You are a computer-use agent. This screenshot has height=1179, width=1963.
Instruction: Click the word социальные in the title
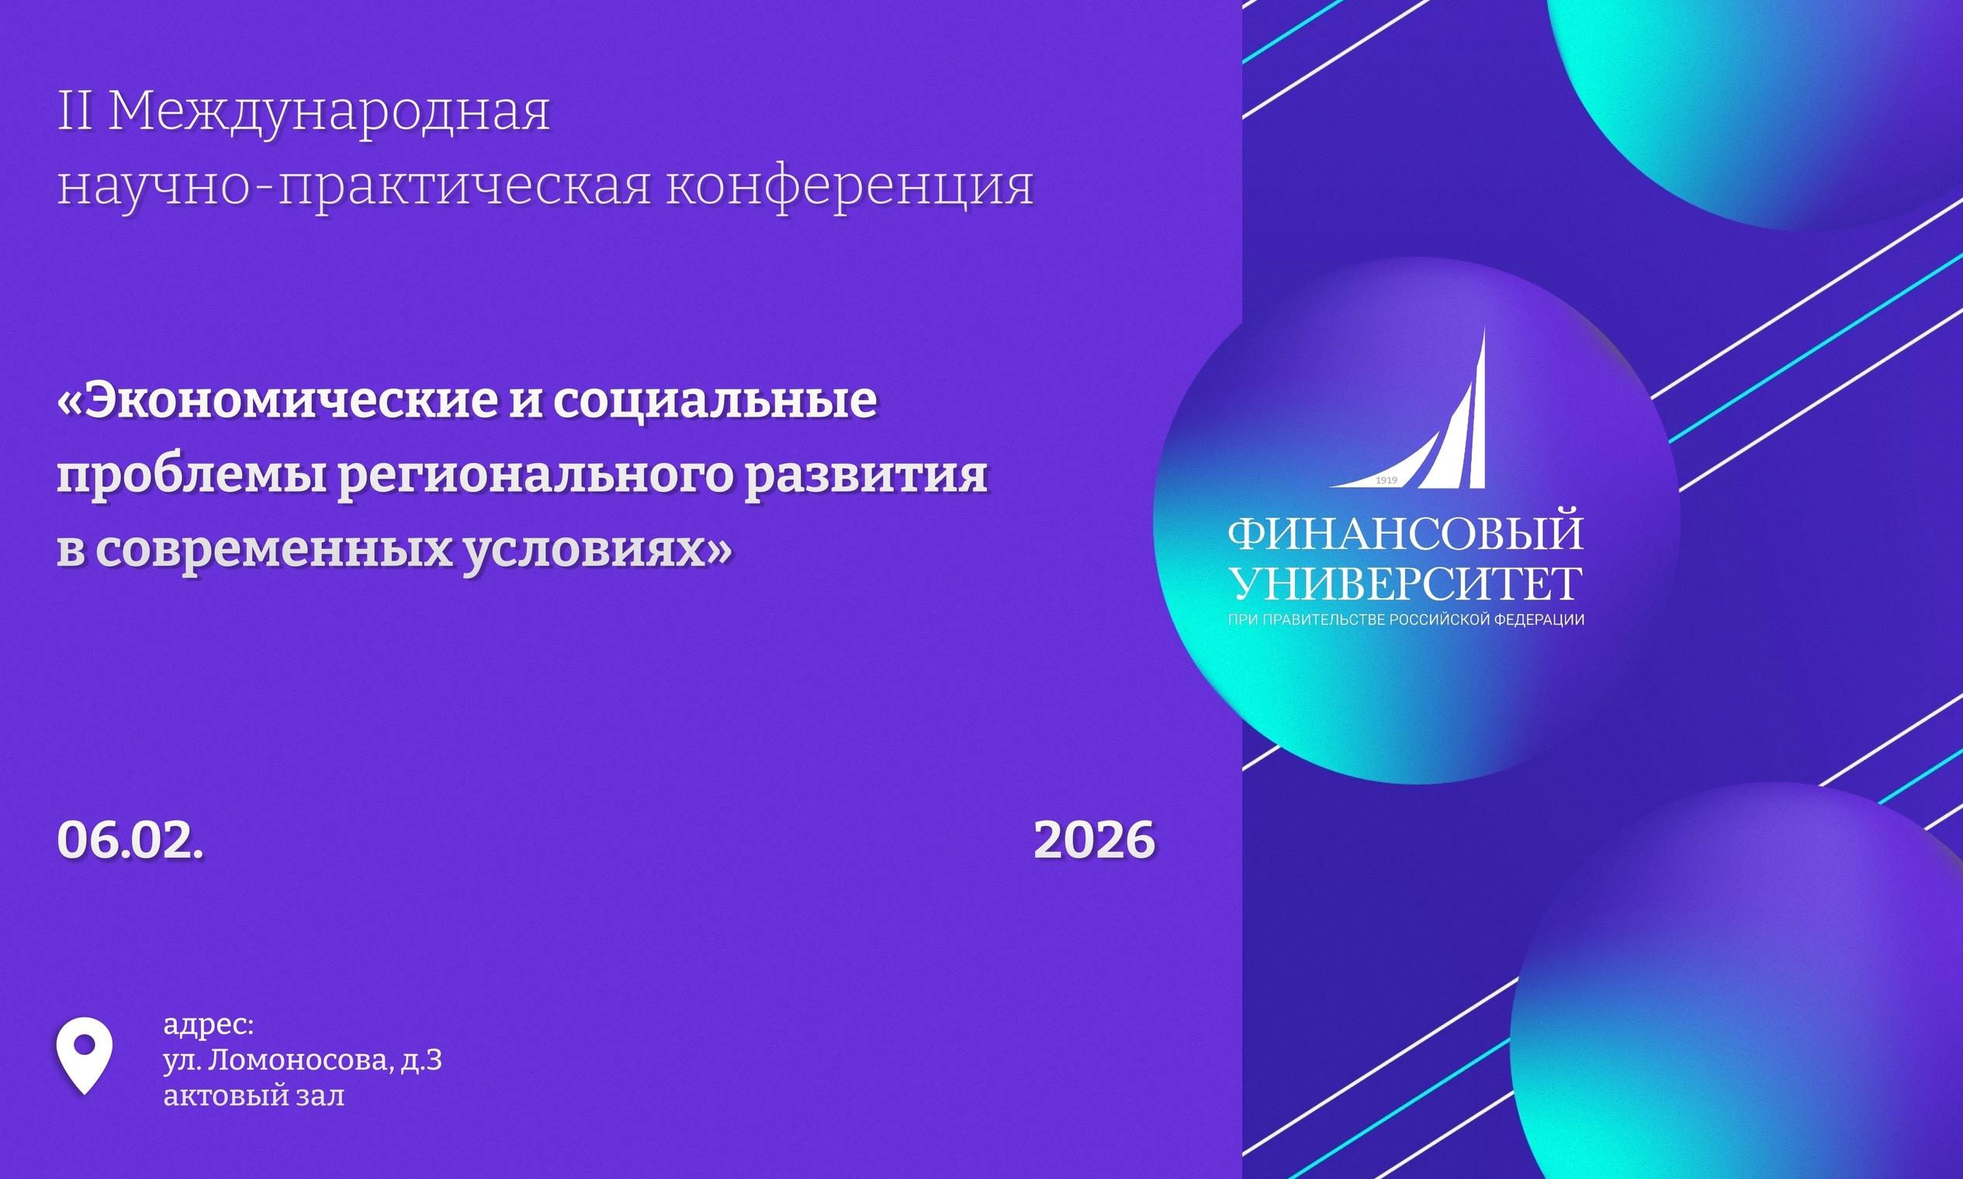(x=715, y=402)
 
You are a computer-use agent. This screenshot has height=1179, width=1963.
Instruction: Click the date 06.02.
(x=130, y=840)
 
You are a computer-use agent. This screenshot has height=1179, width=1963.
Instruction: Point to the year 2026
(x=1094, y=840)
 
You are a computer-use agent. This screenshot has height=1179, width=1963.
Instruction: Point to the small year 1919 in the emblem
(x=1387, y=481)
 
